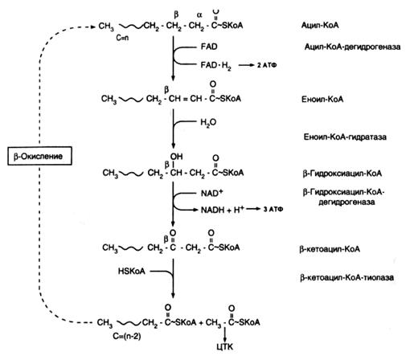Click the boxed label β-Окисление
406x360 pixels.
[x=39, y=156]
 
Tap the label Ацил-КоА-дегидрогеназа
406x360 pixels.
[x=352, y=47]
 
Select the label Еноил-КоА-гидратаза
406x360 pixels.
[x=345, y=137]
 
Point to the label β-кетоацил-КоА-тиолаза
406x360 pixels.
[x=347, y=277]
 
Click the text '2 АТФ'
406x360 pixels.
[x=267, y=65]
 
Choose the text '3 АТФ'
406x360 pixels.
[x=273, y=209]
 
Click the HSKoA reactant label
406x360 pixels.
[x=132, y=272]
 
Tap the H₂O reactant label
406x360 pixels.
[x=208, y=122]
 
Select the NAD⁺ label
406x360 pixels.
[x=211, y=193]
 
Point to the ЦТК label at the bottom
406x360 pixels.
[x=224, y=347]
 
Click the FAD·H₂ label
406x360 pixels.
[x=215, y=66]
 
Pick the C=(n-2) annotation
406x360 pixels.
[x=127, y=336]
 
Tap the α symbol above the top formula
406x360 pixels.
[x=199, y=15]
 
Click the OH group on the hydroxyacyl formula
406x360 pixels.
[x=176, y=157]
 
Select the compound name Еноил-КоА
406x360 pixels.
[x=322, y=100]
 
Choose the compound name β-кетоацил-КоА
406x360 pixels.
[x=330, y=249]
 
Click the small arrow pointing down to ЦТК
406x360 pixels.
[x=224, y=334]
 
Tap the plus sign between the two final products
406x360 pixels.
[x=201, y=323]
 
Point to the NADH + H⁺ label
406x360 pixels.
[x=223, y=210]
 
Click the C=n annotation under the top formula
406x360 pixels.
[x=122, y=38]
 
